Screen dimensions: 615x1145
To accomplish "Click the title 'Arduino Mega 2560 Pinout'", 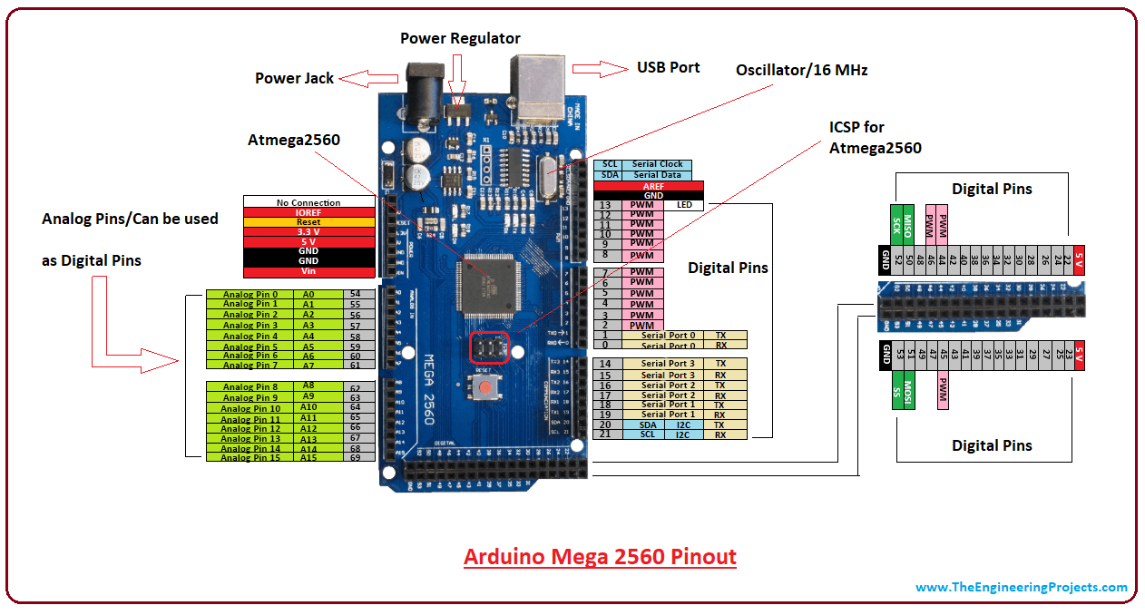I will click(600, 556).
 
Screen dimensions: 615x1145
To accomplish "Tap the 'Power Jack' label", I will click(294, 78).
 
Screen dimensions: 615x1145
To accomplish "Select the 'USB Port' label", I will click(668, 67).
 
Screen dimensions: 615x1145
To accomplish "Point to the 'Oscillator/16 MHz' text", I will click(801, 70).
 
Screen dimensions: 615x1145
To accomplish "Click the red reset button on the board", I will click(487, 388).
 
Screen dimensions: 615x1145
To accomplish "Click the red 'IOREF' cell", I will click(308, 212).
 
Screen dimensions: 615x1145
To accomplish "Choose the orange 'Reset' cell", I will click(308, 222).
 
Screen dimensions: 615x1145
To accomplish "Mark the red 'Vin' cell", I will click(308, 271).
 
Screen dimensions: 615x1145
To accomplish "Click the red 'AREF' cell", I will click(653, 186).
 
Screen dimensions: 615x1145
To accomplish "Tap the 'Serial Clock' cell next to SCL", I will click(658, 164).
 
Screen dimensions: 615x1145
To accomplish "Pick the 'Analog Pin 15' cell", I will click(250, 458).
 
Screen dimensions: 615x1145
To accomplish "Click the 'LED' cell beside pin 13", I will click(684, 205).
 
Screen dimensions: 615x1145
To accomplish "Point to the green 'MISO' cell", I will click(907, 224).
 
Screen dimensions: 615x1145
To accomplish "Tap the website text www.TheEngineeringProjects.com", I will click(1021, 587).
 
